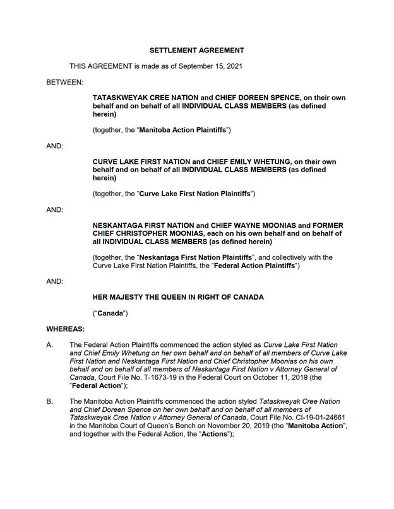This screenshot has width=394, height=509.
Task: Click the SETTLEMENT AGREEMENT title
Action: click(196, 50)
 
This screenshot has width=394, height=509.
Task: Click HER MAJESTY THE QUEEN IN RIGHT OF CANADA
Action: click(178, 297)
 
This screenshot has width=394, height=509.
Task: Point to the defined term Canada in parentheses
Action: click(110, 313)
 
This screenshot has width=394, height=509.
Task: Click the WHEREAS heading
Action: click(65, 329)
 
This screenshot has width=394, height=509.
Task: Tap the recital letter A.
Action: click(49, 345)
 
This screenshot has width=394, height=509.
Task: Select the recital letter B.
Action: click(49, 401)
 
